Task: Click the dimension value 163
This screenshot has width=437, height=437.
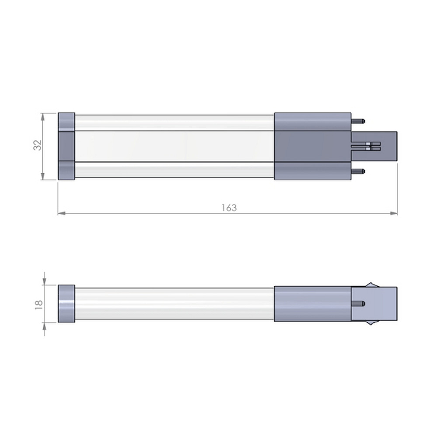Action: [x=229, y=208]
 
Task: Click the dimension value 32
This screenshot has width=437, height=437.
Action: [x=37, y=145]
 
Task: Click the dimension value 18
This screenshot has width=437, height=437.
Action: [x=39, y=304]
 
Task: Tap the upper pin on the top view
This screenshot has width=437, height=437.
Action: [x=358, y=121]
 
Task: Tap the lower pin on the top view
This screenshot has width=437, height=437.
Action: [x=358, y=171]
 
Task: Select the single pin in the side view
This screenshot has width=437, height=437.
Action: [x=358, y=304]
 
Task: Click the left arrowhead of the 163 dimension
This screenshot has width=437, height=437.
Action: [x=62, y=213]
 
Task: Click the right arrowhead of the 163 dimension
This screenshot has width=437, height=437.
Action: [x=394, y=213]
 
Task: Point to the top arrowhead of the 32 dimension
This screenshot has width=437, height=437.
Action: [x=43, y=117]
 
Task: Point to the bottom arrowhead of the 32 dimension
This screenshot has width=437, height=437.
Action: [x=43, y=176]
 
